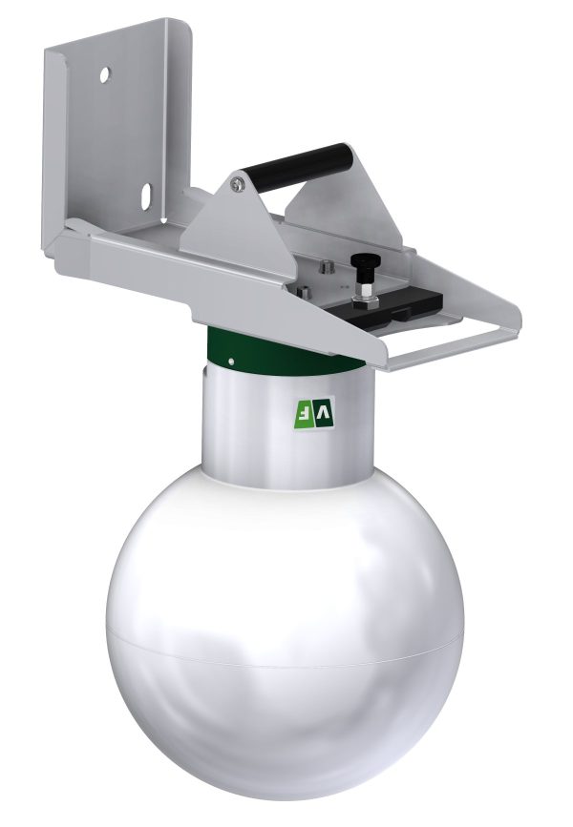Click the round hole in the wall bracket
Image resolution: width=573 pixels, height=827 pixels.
105,74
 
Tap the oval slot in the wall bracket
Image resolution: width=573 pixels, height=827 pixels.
147,194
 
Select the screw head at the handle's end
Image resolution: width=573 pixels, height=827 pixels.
238,183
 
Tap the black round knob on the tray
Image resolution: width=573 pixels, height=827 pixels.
363,260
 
